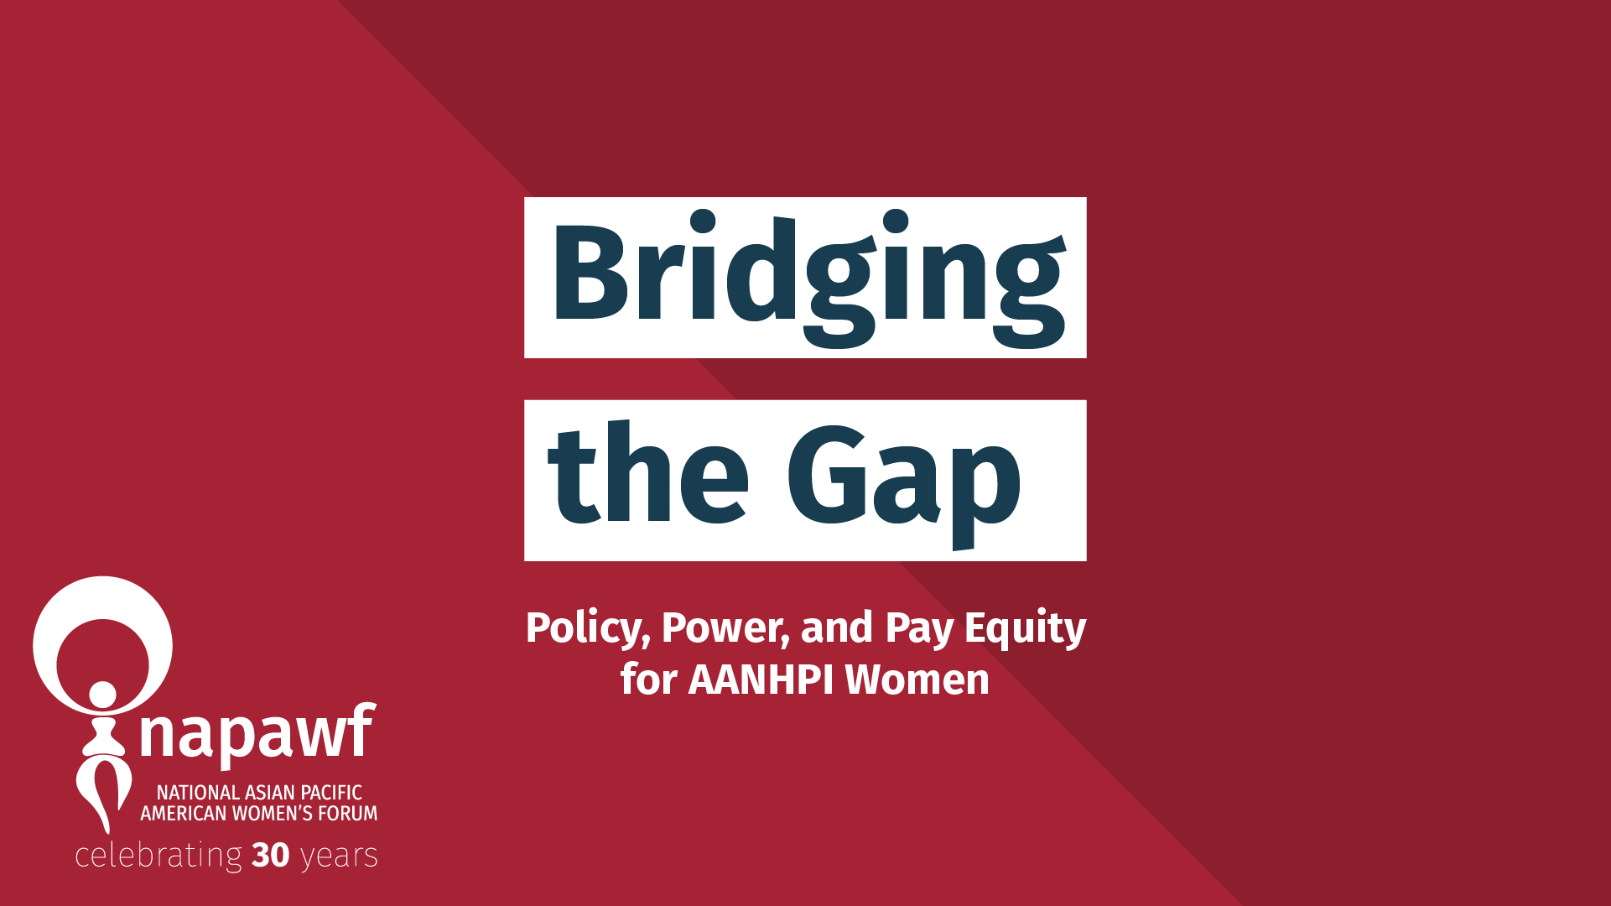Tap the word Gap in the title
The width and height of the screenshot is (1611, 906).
[904, 478]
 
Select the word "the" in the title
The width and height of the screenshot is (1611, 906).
[647, 475]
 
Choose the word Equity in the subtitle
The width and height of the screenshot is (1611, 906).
[1025, 629]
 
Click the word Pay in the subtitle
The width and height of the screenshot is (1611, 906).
[919, 629]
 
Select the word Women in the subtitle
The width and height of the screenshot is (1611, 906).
[917, 679]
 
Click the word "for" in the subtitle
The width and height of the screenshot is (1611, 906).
[648, 679]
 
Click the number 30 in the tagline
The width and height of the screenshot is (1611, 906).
[270, 856]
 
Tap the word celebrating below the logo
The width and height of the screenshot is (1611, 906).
[159, 857]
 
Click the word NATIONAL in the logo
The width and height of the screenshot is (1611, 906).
[198, 793]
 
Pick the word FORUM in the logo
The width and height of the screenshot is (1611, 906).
[347, 814]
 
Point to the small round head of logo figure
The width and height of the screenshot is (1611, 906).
[102, 695]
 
